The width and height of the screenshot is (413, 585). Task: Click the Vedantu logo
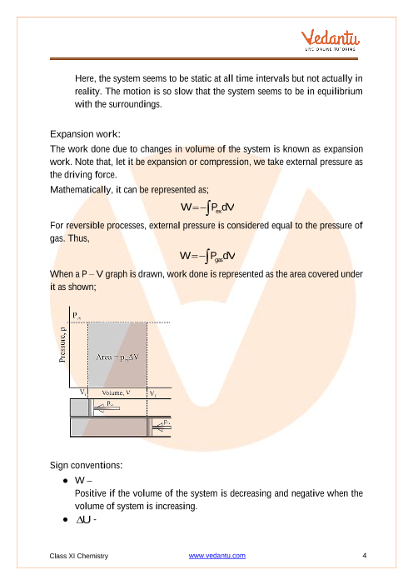click(x=331, y=39)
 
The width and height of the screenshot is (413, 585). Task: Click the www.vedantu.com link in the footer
click(x=217, y=556)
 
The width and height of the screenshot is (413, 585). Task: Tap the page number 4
click(x=364, y=556)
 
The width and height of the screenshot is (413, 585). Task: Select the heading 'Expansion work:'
click(x=85, y=134)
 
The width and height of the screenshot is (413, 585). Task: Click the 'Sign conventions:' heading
click(x=86, y=465)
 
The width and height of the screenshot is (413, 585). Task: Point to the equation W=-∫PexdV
click(x=207, y=207)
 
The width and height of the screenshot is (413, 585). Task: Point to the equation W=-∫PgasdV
click(x=207, y=256)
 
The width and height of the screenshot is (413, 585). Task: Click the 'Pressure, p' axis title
click(x=62, y=344)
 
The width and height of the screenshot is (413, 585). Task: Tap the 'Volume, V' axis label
click(x=117, y=392)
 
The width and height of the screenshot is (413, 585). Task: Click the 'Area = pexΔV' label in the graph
click(x=117, y=357)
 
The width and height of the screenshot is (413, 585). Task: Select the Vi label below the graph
click(x=83, y=392)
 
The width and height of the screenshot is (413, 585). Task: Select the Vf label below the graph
click(x=153, y=393)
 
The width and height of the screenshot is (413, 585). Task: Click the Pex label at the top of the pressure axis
click(x=77, y=316)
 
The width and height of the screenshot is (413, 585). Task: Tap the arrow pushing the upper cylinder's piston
click(x=107, y=407)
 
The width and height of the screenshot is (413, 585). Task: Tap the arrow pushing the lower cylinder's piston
click(x=162, y=427)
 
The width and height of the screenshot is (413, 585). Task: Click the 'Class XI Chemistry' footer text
click(x=79, y=556)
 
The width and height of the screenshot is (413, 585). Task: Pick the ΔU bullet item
click(x=86, y=520)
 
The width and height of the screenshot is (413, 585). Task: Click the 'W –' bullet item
click(x=83, y=481)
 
